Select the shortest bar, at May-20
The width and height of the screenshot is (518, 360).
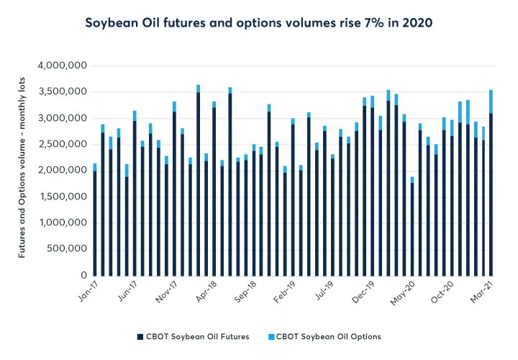(412, 228)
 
